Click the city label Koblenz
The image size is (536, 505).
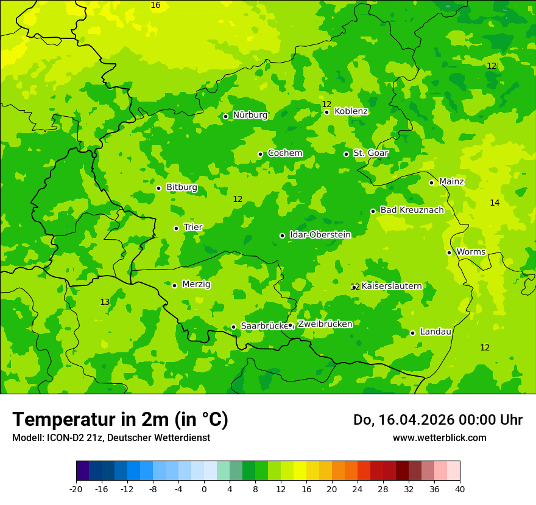pyautogui.click(x=351, y=111)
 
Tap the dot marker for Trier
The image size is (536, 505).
pyautogui.click(x=176, y=228)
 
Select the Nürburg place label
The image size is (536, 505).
pyautogui.click(x=250, y=115)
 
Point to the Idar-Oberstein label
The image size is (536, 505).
pyautogui.click(x=320, y=235)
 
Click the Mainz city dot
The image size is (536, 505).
pyautogui.click(x=431, y=183)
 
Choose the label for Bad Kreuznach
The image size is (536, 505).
pyautogui.click(x=412, y=210)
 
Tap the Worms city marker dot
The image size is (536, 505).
pyautogui.click(x=449, y=252)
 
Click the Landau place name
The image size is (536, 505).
pyautogui.click(x=435, y=332)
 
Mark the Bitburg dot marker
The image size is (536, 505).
pyautogui.click(x=158, y=188)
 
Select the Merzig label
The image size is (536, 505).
pyautogui.click(x=196, y=284)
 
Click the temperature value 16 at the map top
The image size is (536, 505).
pyautogui.click(x=155, y=5)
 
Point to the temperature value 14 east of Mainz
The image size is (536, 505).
pyautogui.click(x=495, y=203)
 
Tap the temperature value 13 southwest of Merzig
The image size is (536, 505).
pyautogui.click(x=105, y=302)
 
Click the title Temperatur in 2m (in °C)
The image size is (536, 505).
pyautogui.click(x=120, y=419)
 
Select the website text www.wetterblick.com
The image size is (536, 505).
pyautogui.click(x=439, y=437)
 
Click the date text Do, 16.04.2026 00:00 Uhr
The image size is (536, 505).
pyautogui.click(x=437, y=420)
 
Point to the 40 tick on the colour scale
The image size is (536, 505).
pyautogui.click(x=460, y=489)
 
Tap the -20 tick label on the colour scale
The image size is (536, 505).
pyautogui.click(x=76, y=489)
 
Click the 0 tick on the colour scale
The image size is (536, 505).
pyautogui.click(x=204, y=489)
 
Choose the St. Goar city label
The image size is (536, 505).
pyautogui.click(x=370, y=153)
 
